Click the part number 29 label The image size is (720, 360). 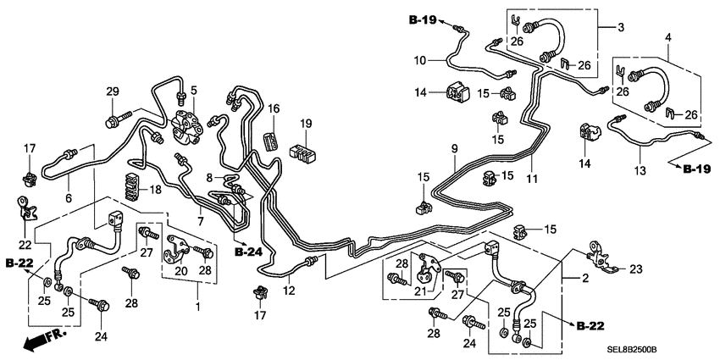113,91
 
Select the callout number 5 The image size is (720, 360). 194,91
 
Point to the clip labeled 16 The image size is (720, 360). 271,139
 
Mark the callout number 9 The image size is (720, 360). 454,150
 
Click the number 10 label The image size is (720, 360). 421,60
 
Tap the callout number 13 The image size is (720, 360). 640,170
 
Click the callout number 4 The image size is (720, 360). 668,38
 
